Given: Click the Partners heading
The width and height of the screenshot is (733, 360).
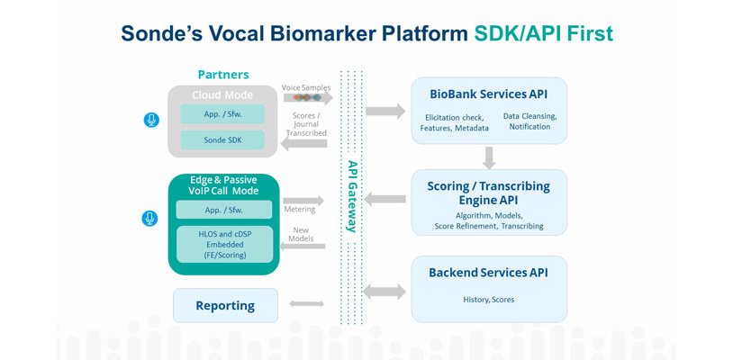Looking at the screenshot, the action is tap(223, 75).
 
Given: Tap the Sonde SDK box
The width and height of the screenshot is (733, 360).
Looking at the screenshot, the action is tap(222, 140).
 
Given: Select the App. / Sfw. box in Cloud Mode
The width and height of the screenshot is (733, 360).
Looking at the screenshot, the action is tap(222, 114).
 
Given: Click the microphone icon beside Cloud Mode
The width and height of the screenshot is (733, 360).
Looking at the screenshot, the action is tap(151, 120).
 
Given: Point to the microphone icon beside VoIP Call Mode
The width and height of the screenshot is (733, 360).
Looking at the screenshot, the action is tap(149, 219).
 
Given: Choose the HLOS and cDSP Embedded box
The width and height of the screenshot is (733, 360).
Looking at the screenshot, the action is tap(224, 244).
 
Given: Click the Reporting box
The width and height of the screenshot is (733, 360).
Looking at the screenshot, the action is tap(225, 306).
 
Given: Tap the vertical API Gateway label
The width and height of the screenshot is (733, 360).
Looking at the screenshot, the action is tap(351, 196).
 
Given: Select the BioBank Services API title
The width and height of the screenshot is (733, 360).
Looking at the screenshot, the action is tap(488, 94).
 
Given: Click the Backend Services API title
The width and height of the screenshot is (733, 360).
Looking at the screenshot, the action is tap(488, 273).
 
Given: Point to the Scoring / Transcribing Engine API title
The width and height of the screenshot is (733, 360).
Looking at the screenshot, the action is tap(488, 193).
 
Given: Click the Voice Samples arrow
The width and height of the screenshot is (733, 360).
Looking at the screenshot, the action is tap(308, 97).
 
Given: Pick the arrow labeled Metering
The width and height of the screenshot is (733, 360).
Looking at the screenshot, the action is tap(303, 201).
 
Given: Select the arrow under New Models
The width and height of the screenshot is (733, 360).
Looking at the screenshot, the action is tap(302, 246).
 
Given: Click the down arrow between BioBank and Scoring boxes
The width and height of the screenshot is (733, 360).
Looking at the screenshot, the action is tap(489, 157).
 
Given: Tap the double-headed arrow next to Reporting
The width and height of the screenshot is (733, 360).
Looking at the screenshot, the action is tap(306, 304).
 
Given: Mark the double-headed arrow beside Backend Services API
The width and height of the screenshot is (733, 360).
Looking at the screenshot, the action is tap(385, 292).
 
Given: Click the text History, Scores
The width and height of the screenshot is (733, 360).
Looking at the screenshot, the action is tap(488, 300).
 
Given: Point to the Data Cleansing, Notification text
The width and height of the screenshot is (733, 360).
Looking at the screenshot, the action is tap(529, 121).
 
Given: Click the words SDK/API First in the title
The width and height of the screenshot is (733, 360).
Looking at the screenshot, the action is tap(544, 34).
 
